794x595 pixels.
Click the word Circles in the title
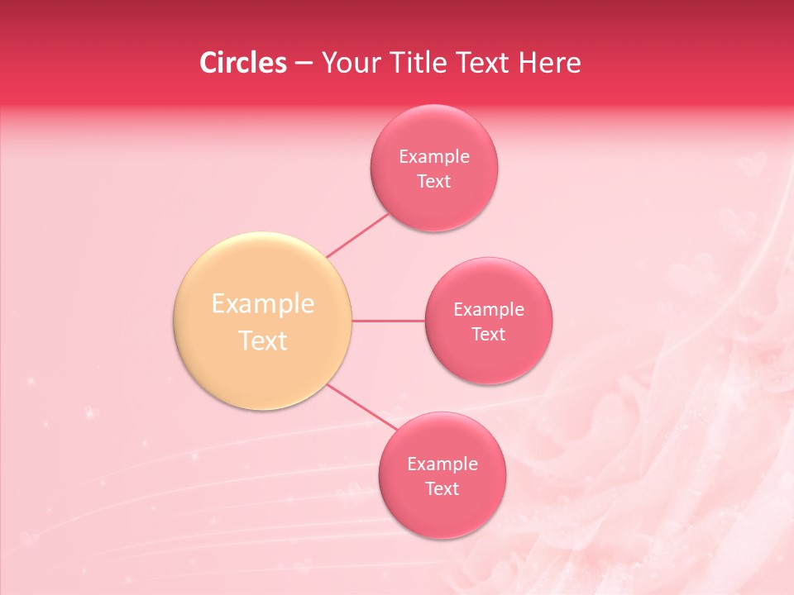click(243, 63)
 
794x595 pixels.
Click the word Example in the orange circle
click(263, 304)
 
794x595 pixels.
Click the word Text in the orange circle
click(263, 340)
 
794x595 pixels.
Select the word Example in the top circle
click(434, 157)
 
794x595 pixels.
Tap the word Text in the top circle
click(434, 182)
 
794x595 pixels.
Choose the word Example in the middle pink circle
click(489, 310)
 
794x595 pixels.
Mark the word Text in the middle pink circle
click(489, 335)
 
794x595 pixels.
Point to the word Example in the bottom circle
click(442, 464)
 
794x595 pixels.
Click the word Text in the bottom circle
click(442, 489)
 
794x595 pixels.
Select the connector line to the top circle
click(358, 235)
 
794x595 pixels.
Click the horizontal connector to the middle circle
click(389, 321)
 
